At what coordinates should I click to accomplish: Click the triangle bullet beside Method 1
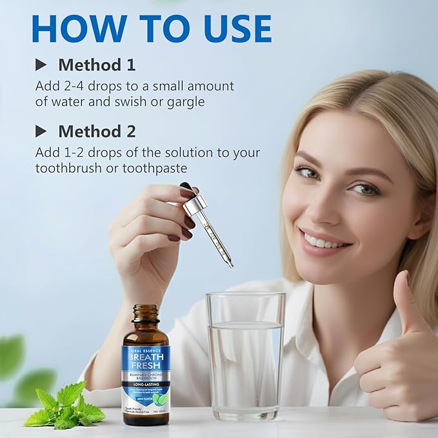click(41, 65)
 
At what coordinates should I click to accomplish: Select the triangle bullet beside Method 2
click(41, 131)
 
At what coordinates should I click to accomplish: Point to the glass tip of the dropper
click(230, 263)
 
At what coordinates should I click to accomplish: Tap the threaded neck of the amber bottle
click(145, 315)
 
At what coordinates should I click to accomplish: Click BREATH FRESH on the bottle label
click(146, 359)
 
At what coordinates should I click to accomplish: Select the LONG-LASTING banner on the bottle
click(146, 386)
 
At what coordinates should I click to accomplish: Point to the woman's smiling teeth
click(328, 242)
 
